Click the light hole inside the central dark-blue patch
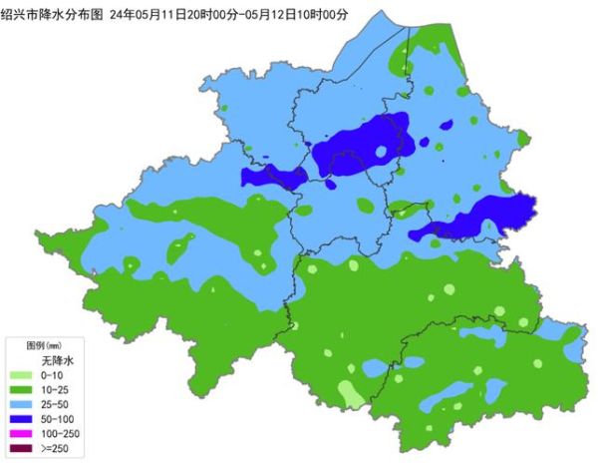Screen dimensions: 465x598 381,152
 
